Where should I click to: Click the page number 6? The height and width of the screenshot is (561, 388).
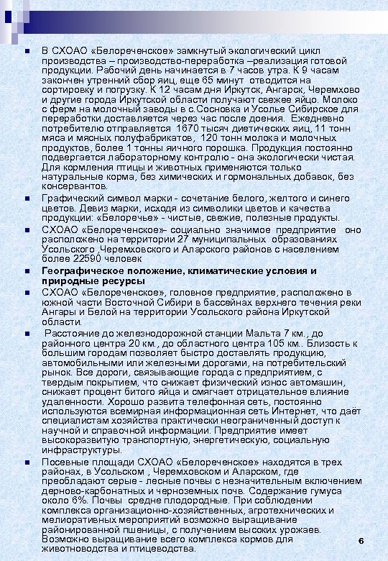[x=361, y=540]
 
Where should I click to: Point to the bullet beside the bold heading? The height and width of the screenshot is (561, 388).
[x=26, y=270]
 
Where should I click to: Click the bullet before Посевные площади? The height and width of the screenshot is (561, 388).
[x=26, y=462]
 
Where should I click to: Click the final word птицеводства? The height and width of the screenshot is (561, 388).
[x=163, y=548]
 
